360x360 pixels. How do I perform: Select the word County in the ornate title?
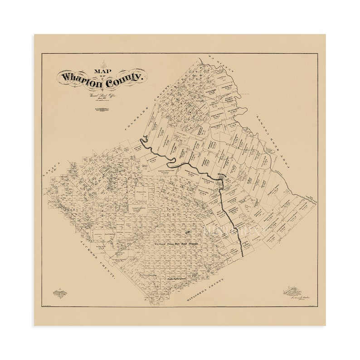124,82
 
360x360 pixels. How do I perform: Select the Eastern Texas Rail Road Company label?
177,243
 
